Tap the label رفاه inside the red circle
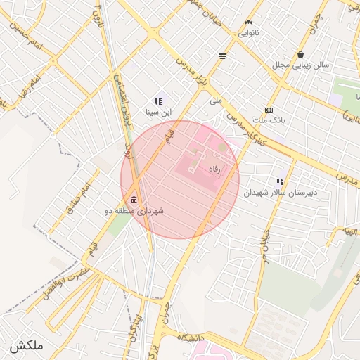coord(214,169)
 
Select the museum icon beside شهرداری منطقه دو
coord(134,202)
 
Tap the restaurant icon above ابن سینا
coord(158,101)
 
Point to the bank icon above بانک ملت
coord(269,110)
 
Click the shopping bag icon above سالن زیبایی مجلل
coord(301,55)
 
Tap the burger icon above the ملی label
coord(223,56)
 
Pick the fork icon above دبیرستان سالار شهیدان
coord(280,181)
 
